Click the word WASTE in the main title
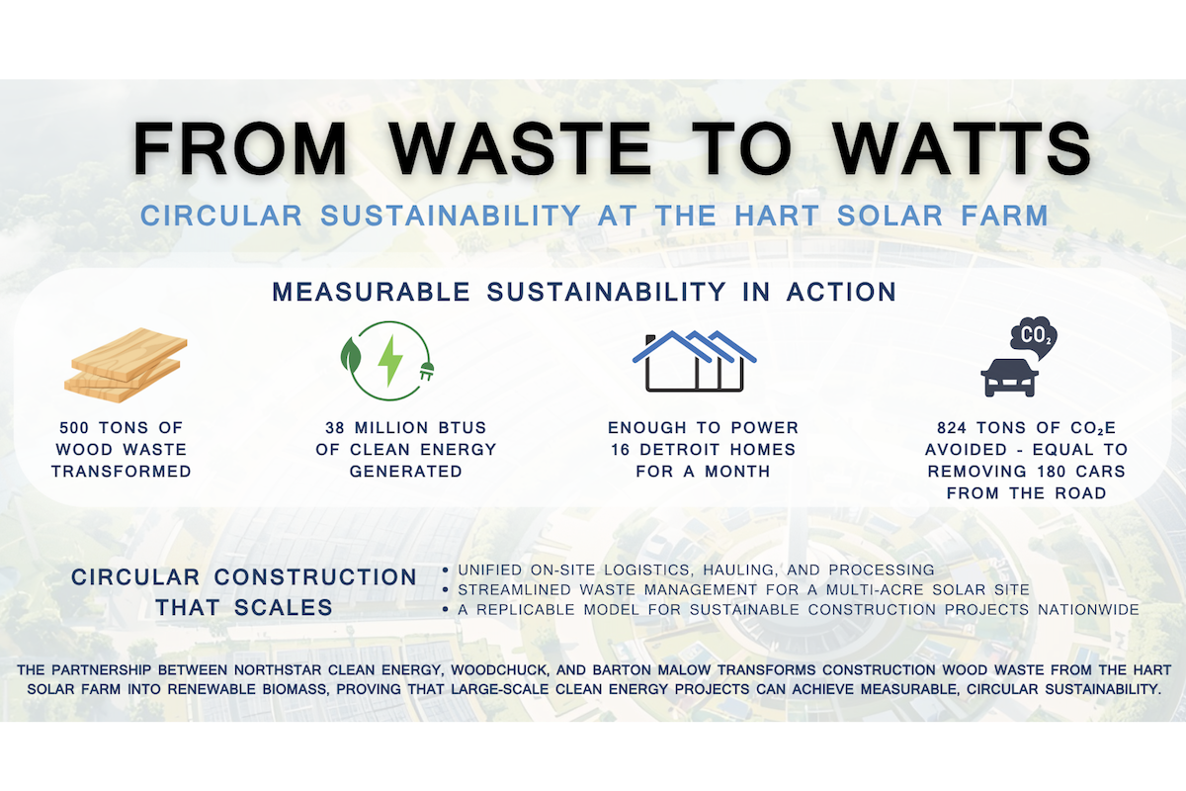click(x=521, y=148)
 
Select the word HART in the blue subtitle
click(x=777, y=216)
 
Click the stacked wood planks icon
click(x=127, y=365)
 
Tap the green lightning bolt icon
click(x=390, y=360)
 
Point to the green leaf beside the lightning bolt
click(x=350, y=354)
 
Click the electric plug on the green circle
click(x=427, y=371)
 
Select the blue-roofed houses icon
click(x=695, y=361)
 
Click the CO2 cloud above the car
click(x=1034, y=338)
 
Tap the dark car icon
click(x=1009, y=378)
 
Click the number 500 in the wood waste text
click(x=74, y=427)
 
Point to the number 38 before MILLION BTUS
click(x=335, y=427)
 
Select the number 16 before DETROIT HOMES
click(x=620, y=450)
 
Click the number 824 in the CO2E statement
click(x=952, y=427)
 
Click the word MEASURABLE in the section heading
click(x=372, y=292)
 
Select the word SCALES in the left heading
click(x=284, y=608)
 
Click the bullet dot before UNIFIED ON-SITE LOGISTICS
click(x=446, y=571)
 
